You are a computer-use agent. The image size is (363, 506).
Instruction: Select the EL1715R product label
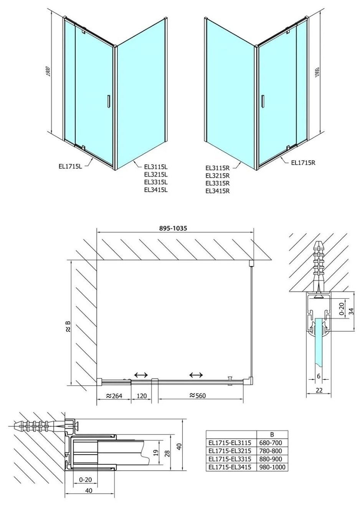pyautogui.click(x=303, y=162)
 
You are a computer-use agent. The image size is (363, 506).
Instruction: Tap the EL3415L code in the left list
pyautogui.click(x=156, y=190)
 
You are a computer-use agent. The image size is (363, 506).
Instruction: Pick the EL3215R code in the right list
pyautogui.click(x=218, y=175)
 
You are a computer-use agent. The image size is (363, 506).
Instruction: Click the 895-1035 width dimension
pyautogui.click(x=173, y=228)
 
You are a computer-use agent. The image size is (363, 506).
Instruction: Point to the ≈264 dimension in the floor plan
pyautogui.click(x=114, y=396)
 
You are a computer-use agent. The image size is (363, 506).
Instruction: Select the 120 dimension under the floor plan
pyautogui.click(x=142, y=396)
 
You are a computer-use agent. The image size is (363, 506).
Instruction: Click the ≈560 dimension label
pyautogui.click(x=198, y=395)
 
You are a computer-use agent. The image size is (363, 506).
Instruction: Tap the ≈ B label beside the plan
pyautogui.click(x=68, y=326)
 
